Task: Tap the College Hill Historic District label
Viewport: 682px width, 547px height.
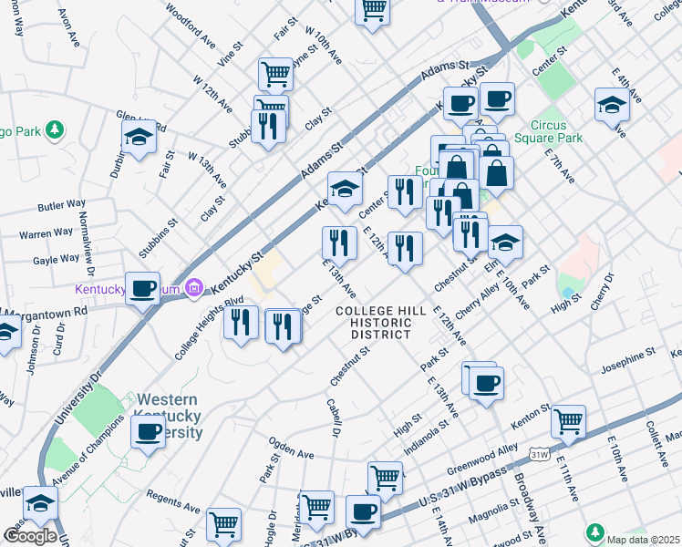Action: [380, 323]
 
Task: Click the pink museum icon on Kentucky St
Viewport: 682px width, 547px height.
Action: [192, 290]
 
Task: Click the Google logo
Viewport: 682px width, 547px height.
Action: [29, 536]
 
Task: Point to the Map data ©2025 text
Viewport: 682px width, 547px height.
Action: [643, 539]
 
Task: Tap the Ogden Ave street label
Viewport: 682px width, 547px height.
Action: [291, 453]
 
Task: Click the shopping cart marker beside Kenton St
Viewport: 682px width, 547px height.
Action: [569, 421]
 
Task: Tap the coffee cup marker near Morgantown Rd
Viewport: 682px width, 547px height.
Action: [142, 289]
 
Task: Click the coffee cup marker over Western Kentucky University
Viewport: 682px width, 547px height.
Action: [148, 432]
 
